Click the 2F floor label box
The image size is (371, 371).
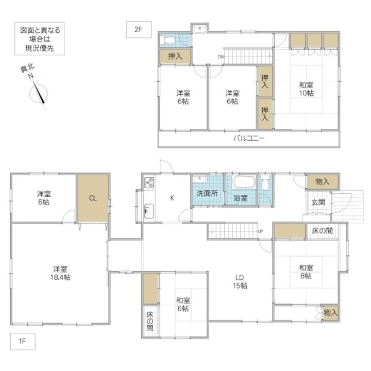pos(139,29)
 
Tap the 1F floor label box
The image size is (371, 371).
pos(23,341)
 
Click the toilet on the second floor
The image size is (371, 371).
pos(167,41)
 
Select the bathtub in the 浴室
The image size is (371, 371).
pos(244,181)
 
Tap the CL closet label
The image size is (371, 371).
pos(93,198)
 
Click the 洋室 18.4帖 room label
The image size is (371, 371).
pos(60,273)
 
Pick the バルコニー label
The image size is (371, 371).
pos(249,138)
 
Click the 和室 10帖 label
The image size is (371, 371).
pos(307,89)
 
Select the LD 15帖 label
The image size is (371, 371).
pos(240,281)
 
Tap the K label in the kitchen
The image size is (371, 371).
pos(172,198)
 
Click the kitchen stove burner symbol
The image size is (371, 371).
pos(149,182)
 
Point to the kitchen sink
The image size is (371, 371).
pos(149,211)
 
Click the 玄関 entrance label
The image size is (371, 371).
pos(318,203)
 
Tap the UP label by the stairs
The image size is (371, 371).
pos(261,231)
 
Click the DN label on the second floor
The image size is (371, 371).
pos(221,57)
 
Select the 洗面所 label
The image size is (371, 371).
pos(207,193)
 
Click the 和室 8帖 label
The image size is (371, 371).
pos(306,272)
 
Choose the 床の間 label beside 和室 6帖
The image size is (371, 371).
pos(150,322)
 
